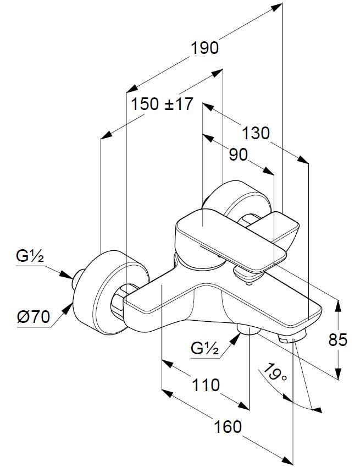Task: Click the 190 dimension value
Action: point(204,48)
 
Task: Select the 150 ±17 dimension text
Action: point(163,104)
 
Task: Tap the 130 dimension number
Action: point(256,133)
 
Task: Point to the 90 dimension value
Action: point(238,156)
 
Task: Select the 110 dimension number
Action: point(206,385)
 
